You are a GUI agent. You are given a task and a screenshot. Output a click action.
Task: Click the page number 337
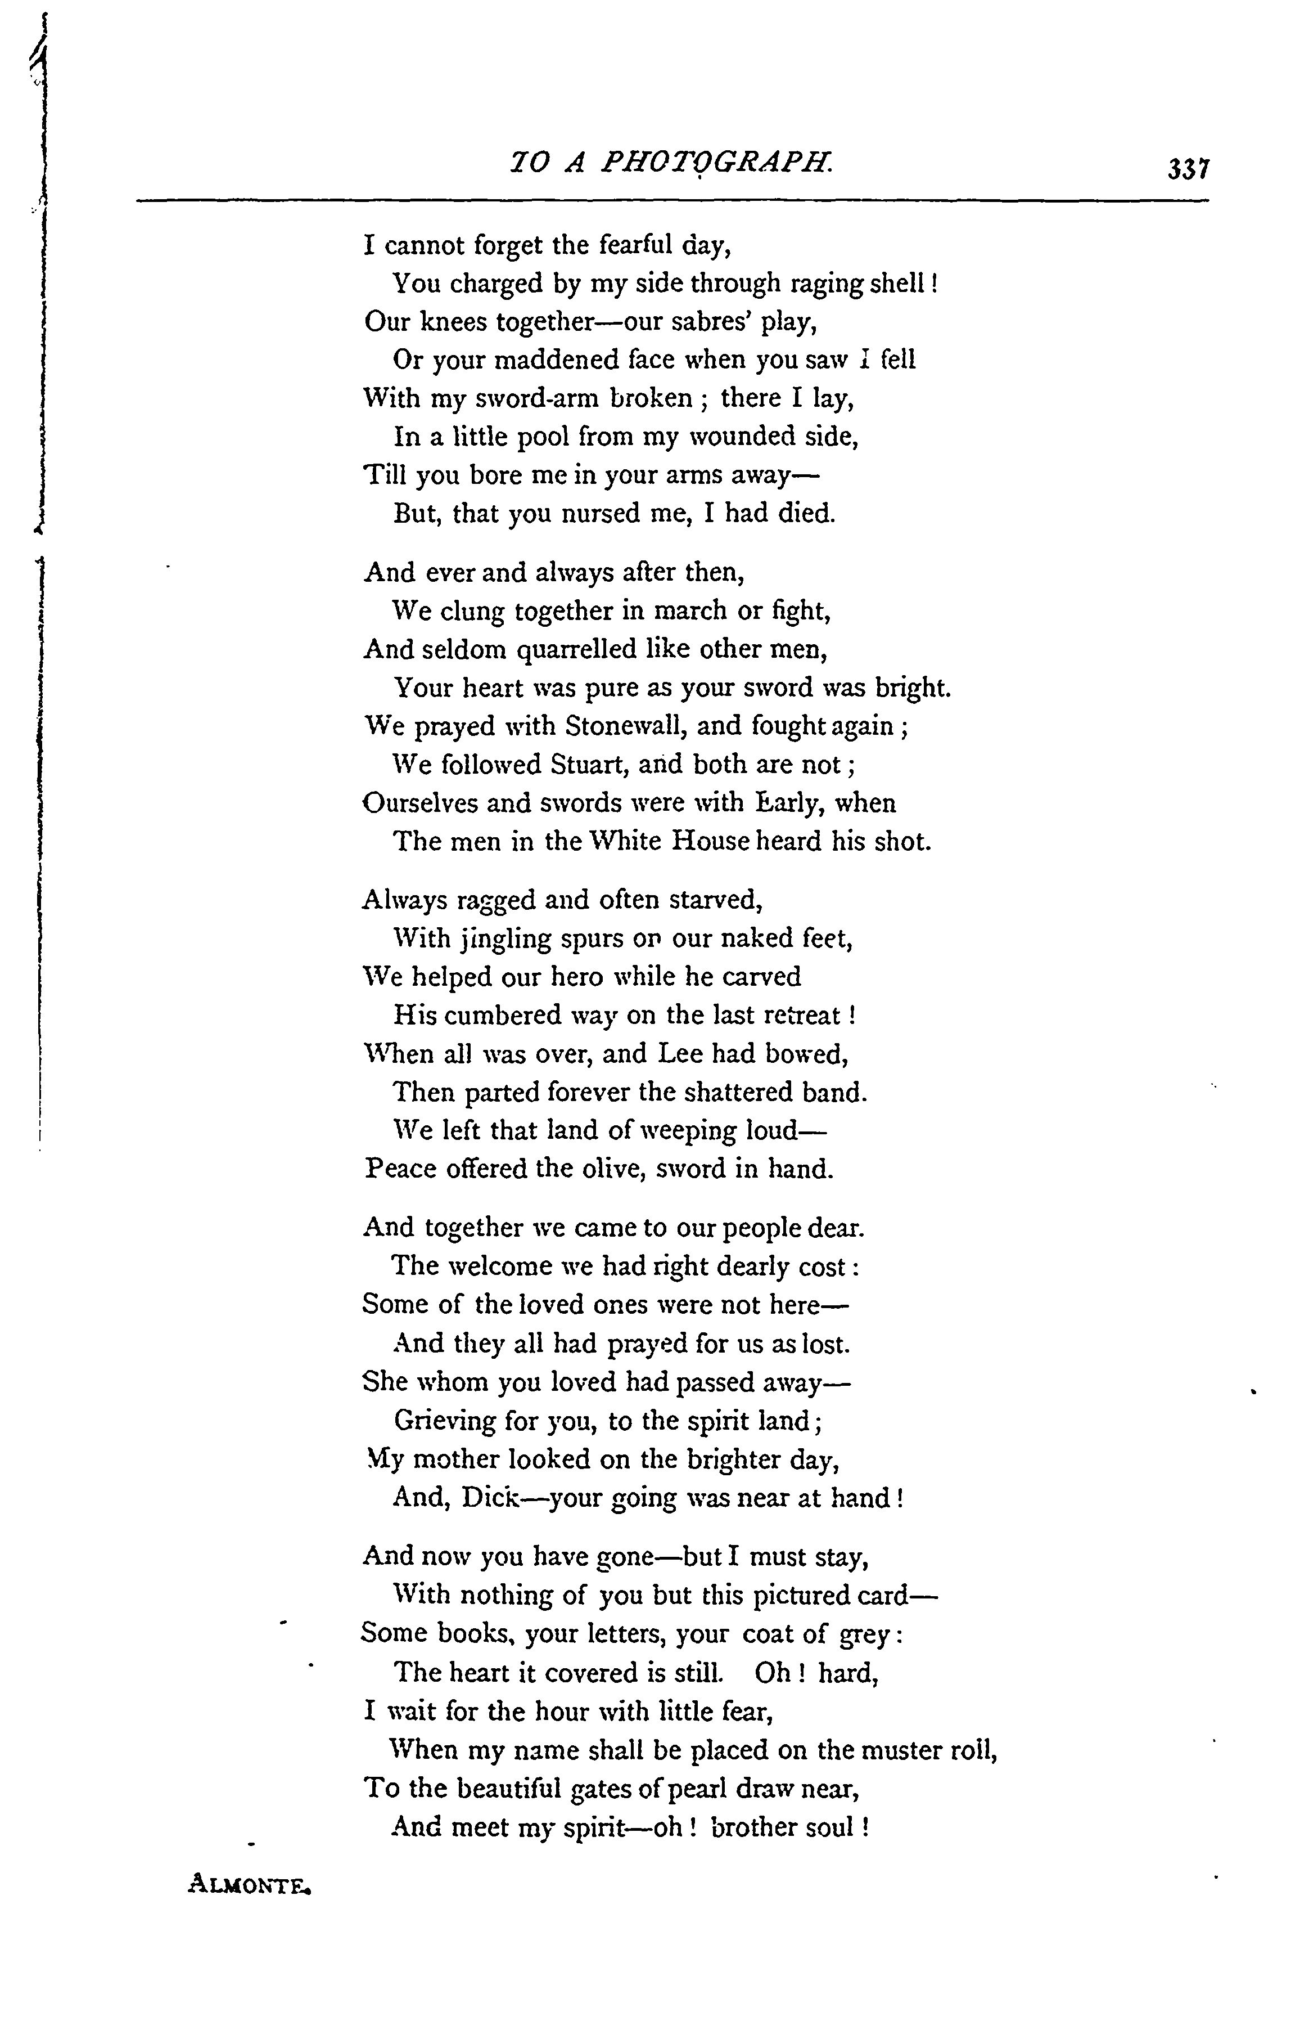click(x=1188, y=169)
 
